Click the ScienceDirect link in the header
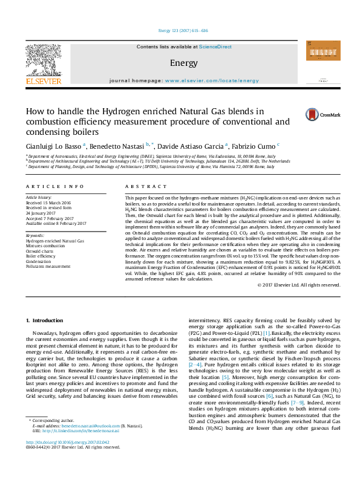(x=216, y=47)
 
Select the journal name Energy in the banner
(x=179, y=63)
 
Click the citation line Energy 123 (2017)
(x=180, y=31)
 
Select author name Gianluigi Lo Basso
(x=53, y=146)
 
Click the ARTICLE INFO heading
(x=54, y=187)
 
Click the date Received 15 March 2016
(x=48, y=203)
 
